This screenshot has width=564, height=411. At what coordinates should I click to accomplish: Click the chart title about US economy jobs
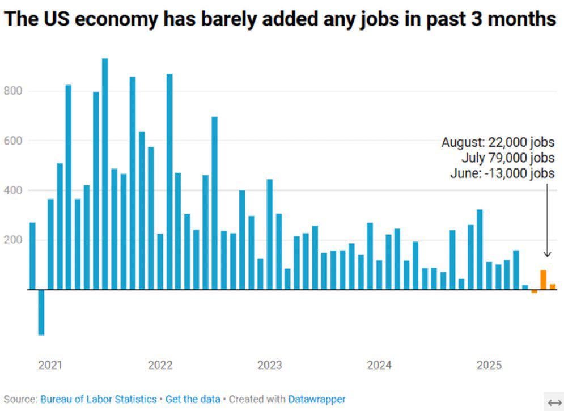tap(280, 19)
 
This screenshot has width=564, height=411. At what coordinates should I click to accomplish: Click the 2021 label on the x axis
tap(50, 366)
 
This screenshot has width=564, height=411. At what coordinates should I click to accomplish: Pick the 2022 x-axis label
tap(160, 366)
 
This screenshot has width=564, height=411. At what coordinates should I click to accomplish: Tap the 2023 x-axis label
tap(269, 366)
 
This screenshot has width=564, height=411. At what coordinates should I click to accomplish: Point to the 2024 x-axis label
tap(379, 366)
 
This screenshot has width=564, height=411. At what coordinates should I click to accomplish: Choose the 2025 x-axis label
tap(489, 366)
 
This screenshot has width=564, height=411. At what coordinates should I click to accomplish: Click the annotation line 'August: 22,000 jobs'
tap(498, 143)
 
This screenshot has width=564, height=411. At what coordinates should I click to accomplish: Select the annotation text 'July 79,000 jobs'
tap(508, 158)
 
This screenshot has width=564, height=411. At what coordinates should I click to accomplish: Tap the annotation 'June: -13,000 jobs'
tap(502, 173)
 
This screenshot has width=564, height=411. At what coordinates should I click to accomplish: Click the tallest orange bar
tap(543, 279)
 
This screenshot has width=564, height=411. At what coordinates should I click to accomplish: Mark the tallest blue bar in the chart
tap(105, 173)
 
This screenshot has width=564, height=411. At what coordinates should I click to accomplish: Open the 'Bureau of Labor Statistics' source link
tap(98, 399)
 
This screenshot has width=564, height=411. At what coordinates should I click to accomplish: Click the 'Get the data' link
tap(193, 399)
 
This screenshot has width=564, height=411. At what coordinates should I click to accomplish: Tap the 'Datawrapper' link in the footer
tap(316, 399)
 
